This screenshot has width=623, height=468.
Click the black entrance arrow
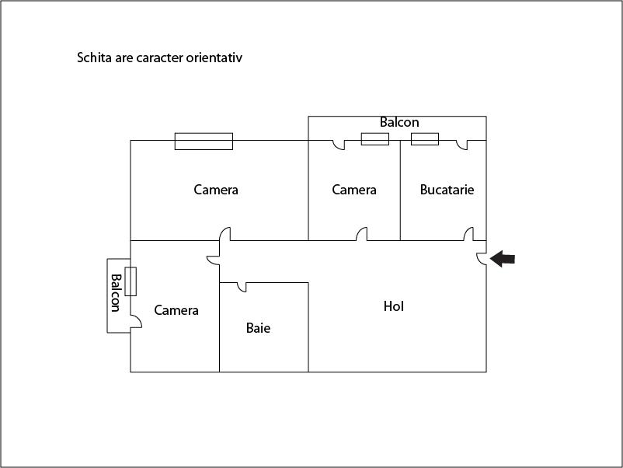coord(503,259)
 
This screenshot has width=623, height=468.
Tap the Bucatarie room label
coord(447,190)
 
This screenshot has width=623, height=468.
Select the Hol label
coord(394,306)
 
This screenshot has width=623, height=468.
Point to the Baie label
coord(258,328)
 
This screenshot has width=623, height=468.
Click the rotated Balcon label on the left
coord(115,292)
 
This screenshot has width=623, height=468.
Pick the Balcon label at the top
coord(399,122)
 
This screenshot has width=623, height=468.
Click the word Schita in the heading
coord(94,58)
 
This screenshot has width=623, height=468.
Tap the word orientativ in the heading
coord(214,58)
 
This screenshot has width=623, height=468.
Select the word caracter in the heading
coord(160,58)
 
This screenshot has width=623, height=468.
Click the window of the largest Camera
coord(204,141)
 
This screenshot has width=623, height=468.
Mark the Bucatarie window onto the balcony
coord(425,139)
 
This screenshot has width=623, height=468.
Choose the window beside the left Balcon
coord(131,281)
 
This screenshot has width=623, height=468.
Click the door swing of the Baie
coord(242,287)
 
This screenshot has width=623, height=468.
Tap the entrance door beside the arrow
coord(481,259)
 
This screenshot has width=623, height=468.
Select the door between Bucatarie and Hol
coord(469,234)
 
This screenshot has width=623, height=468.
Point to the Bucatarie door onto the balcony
coord(461,145)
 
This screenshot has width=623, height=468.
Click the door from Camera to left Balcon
coord(136,322)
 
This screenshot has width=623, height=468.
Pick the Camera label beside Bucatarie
coord(354,190)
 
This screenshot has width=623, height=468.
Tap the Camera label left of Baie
coord(176,310)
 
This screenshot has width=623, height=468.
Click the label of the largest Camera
coord(216,190)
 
